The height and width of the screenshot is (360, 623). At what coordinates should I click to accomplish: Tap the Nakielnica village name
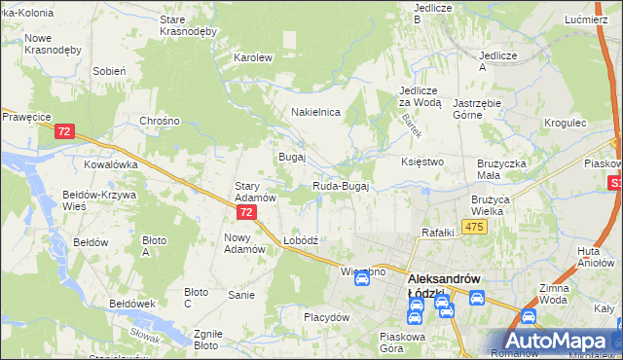tap(315, 112)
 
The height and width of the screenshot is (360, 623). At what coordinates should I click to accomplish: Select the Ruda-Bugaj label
tap(341, 186)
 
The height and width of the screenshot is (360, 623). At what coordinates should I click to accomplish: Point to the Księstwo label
tap(422, 162)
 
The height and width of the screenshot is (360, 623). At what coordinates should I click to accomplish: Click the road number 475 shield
tap(474, 227)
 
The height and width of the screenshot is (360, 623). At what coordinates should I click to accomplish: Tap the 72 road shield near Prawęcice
tap(65, 131)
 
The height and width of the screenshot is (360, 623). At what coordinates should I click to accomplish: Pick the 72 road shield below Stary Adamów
tap(247, 211)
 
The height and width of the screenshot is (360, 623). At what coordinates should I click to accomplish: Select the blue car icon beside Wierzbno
tap(361, 278)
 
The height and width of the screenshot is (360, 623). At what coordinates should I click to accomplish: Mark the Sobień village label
tap(109, 71)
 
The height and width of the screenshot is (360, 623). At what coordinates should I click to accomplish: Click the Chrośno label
tap(160, 121)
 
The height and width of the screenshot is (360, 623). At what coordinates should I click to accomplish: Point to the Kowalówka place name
tap(111, 164)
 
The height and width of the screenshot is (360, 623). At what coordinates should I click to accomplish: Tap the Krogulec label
tap(566, 124)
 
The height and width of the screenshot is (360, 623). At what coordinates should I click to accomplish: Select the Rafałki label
tap(438, 232)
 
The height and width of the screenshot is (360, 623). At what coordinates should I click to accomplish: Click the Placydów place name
tap(326, 317)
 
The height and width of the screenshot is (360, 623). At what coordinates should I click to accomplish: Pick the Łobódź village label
tap(301, 239)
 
